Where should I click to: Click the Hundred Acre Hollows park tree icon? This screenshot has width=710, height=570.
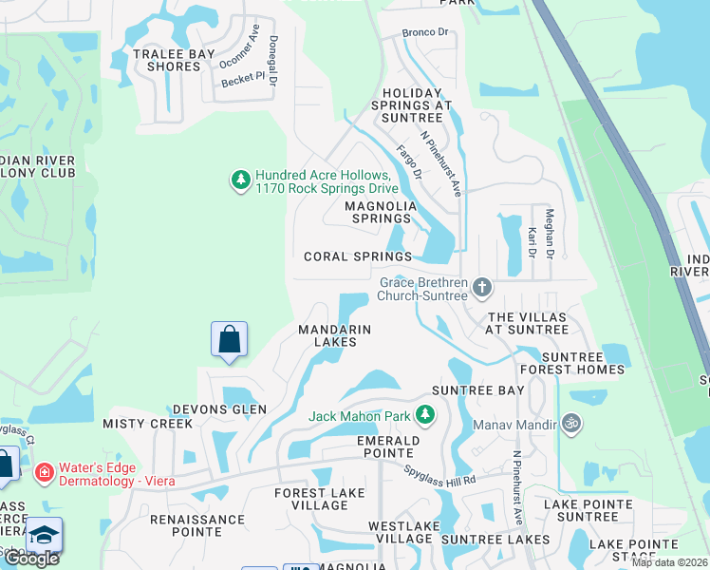pyautogui.click(x=241, y=179)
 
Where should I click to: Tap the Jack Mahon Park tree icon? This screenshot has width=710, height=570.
pyautogui.click(x=426, y=415)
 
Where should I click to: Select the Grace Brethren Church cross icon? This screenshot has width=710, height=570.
pyautogui.click(x=482, y=286)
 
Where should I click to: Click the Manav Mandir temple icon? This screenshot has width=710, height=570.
pyautogui.click(x=570, y=423)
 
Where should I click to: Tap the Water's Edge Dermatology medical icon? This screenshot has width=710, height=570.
pyautogui.click(x=43, y=472)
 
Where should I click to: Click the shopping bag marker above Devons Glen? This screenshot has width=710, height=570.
pyautogui.click(x=230, y=339)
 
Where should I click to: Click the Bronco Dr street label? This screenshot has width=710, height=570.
pyautogui.click(x=424, y=32)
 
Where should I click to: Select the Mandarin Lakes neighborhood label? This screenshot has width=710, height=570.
pyautogui.click(x=334, y=335)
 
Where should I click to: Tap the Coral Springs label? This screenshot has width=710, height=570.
pyautogui.click(x=358, y=256)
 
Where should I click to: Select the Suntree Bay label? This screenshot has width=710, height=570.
pyautogui.click(x=477, y=390)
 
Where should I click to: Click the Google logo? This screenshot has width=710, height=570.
pyautogui.click(x=31, y=559)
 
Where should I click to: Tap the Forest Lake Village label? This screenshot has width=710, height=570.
pyautogui.click(x=310, y=499)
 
